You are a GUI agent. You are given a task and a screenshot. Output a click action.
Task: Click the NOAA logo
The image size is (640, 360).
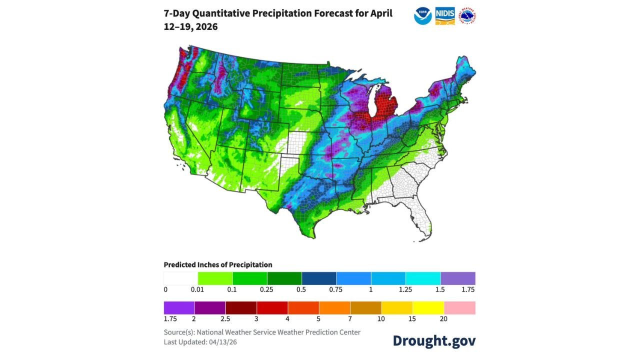tap(422, 16)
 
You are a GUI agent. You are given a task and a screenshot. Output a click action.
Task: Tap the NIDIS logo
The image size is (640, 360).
tap(445, 16)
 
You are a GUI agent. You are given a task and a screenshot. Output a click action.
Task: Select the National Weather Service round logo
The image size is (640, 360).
tap(467, 16)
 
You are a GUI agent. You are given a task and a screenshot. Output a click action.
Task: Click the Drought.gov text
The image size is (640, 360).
tap(434, 340)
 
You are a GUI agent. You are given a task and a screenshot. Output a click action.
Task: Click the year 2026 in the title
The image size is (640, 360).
tap(206, 26)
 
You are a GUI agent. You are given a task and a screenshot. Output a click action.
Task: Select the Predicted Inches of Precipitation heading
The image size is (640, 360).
tap(218, 264)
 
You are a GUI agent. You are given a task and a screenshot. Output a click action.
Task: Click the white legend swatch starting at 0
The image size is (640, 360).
tap(181, 278)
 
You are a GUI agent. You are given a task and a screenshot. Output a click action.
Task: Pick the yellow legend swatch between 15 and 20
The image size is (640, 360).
tap(428, 307)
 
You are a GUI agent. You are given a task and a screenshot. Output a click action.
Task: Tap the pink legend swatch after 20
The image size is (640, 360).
tap(459, 307)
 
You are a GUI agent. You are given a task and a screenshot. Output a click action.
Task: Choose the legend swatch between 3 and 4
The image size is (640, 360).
tap(272, 307)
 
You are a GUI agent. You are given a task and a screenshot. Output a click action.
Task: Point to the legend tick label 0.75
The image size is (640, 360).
tap(336, 289)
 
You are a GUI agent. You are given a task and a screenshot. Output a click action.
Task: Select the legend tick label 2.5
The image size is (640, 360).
tap(225, 318)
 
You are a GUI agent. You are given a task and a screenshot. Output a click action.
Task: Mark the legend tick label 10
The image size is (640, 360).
tap(381, 318)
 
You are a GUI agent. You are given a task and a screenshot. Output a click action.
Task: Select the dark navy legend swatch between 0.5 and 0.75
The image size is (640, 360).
tap(319, 278)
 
